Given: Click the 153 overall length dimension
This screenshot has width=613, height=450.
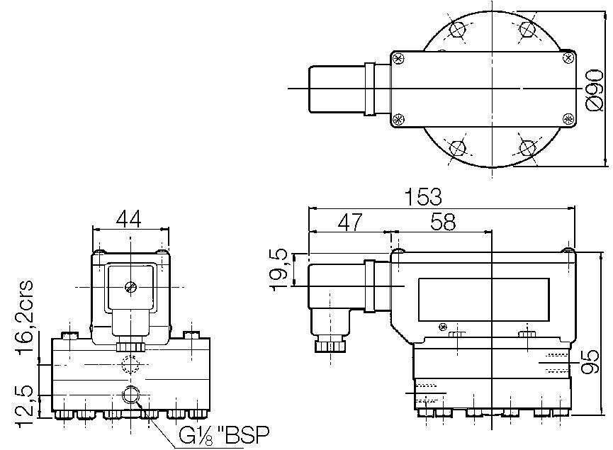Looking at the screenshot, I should coord(424,196).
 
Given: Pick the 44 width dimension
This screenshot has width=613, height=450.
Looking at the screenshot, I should coord(128,219).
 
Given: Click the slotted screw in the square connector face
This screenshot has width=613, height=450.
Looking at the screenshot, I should coord(130,287).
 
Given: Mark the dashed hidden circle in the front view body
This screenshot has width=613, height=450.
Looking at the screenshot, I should coord(130,365).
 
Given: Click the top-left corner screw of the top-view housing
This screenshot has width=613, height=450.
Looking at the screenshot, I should coord(398,57).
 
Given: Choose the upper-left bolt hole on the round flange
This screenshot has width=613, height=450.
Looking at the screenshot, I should coord(458,30).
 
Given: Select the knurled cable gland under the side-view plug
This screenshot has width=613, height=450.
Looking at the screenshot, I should coord(330,345).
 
